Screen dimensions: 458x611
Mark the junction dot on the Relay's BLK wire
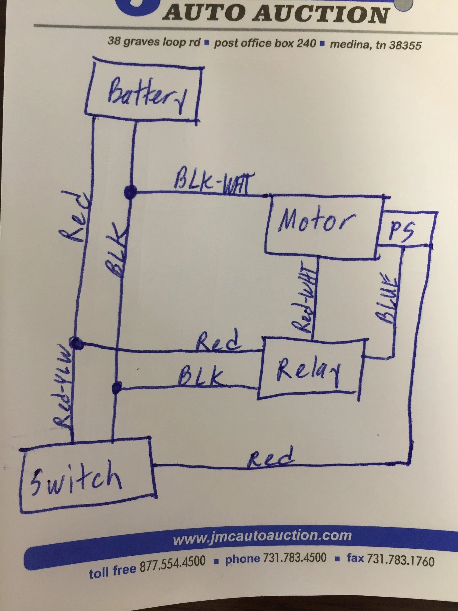click(117, 387)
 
